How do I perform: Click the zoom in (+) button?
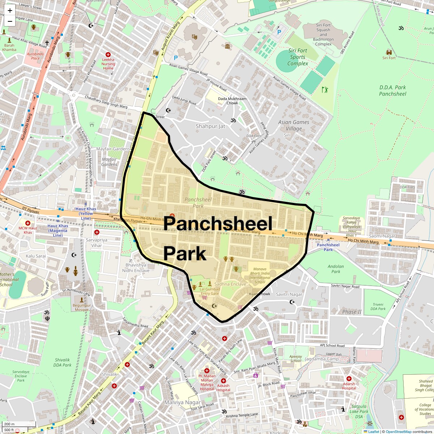point(10,10)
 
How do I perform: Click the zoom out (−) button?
point(10,21)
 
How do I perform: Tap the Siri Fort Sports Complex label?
point(298,57)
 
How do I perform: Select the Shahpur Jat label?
point(210,126)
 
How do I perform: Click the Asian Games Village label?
point(293,125)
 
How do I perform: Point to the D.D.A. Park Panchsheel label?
point(392,90)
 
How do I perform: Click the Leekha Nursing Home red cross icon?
point(108,54)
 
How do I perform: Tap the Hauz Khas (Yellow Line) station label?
point(86,213)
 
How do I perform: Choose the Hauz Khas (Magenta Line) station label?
point(58,230)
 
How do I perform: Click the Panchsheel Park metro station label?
point(328,247)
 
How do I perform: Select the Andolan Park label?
point(336,269)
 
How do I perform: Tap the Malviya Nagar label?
point(182,402)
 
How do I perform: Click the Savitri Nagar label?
point(289,294)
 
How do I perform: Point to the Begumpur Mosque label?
point(82,307)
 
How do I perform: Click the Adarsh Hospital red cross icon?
point(349,379)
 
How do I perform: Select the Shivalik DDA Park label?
point(62,362)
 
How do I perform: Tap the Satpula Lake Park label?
point(359,411)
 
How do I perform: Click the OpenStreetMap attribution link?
point(398,431)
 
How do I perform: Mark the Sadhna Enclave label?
point(230,284)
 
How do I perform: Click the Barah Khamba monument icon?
point(4,32)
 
